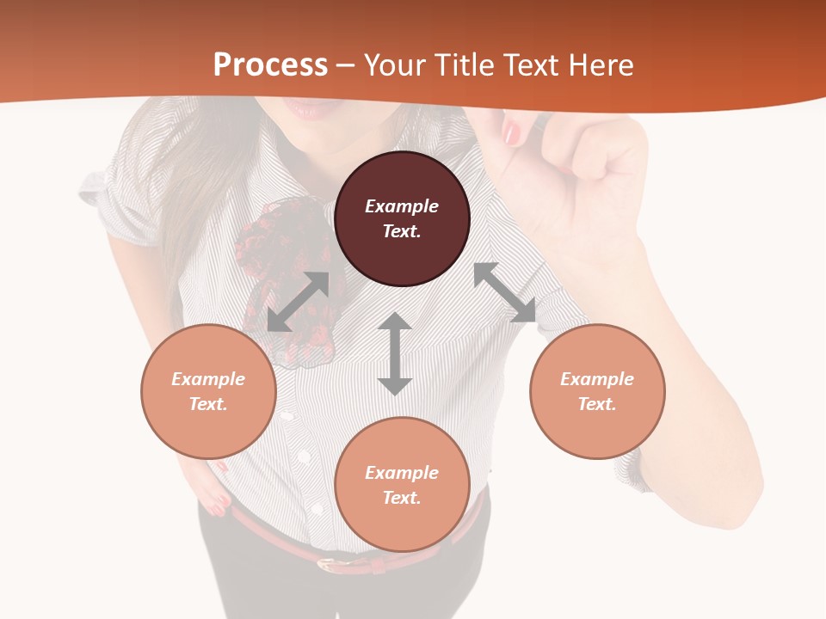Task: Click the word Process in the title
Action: (x=270, y=65)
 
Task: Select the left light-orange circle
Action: (x=208, y=391)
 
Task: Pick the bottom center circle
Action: (x=402, y=484)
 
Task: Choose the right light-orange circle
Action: (x=597, y=391)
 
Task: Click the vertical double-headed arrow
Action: (x=395, y=353)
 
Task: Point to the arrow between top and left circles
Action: (x=299, y=302)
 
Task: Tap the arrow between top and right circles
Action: (x=505, y=292)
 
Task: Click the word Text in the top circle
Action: (x=402, y=231)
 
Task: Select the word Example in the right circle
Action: (x=597, y=379)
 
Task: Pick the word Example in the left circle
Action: (x=208, y=379)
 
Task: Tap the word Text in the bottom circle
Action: (x=402, y=498)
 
